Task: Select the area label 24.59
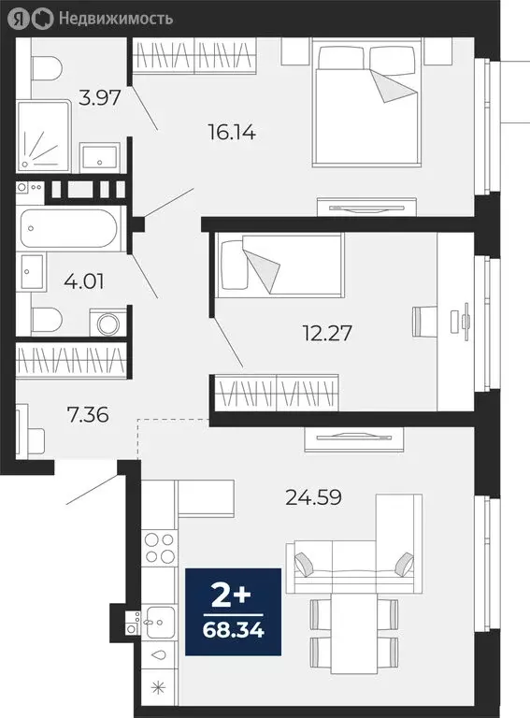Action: tap(313, 496)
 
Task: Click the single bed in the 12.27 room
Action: tap(279, 264)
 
